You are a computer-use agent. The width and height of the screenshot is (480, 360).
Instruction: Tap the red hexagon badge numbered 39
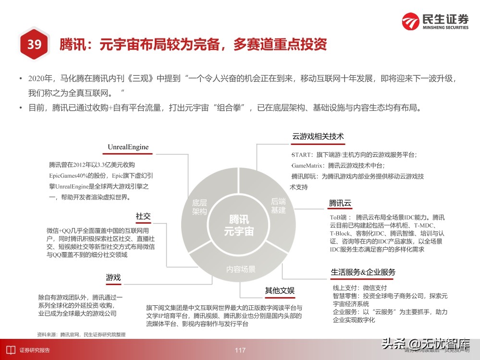(34, 45)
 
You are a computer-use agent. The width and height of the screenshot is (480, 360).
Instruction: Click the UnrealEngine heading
(128, 147)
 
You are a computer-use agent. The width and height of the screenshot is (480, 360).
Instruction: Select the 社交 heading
(143, 216)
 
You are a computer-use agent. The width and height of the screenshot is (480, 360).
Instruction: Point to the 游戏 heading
(113, 277)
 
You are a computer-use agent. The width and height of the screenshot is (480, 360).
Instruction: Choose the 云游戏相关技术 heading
(318, 136)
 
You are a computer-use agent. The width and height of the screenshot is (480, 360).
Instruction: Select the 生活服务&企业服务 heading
(363, 272)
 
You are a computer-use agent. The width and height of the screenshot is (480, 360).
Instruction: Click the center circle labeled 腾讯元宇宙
(238, 225)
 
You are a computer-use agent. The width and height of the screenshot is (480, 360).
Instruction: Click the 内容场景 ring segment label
(241, 269)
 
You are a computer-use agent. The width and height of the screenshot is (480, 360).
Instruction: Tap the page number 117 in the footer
(240, 350)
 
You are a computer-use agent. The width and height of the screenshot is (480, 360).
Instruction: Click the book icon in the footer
(10, 350)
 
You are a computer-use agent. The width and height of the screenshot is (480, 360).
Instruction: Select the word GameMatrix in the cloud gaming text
(307, 165)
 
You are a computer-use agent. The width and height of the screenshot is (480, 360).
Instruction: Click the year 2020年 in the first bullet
(38, 78)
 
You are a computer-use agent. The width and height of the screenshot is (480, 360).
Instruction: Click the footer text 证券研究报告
(35, 350)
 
